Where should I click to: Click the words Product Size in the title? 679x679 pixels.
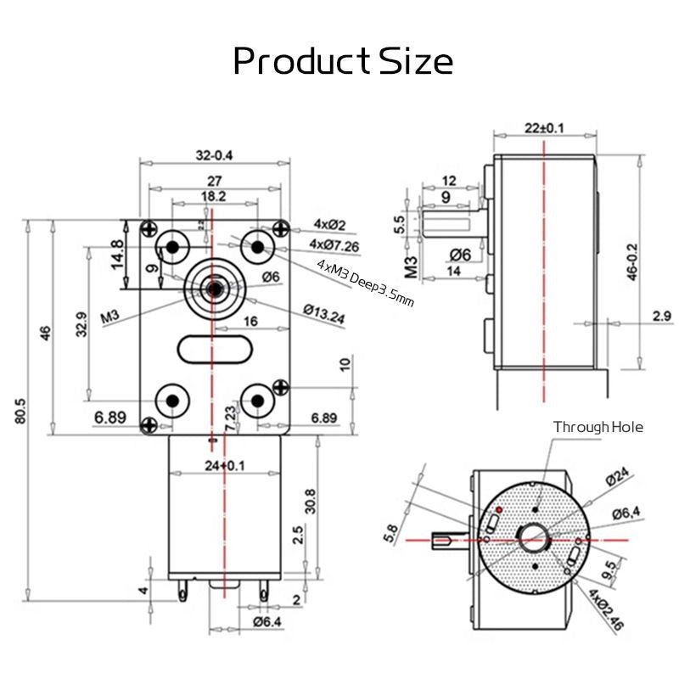pos(343,61)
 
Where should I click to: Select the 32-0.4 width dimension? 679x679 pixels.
pos(214,155)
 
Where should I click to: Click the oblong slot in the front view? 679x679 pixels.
pos(215,348)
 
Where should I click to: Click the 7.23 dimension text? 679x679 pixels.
pos(230,418)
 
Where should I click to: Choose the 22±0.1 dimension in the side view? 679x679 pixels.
pos(543,128)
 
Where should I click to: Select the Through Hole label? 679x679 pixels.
pos(598,427)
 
